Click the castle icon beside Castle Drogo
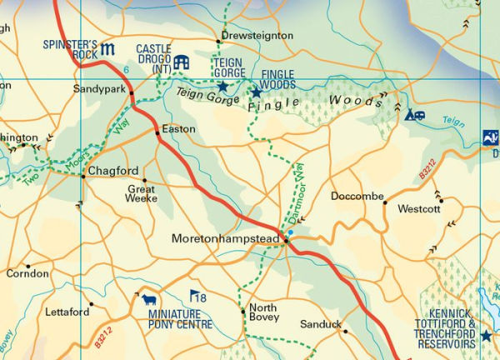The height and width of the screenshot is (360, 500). pos(182,62)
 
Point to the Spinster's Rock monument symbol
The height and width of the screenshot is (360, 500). pos(108,49)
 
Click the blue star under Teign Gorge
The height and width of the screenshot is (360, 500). pos(222,86)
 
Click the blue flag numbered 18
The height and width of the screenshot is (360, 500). pos(197,297)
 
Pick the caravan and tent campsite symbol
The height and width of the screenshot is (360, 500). pos(414,115)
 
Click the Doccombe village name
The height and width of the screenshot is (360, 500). pos(357,197)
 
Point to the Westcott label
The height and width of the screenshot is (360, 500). pos(418,209)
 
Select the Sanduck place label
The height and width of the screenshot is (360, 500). pos(320,323)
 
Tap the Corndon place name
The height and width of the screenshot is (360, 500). pos(27,273)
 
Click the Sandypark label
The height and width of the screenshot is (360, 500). pos(99,87)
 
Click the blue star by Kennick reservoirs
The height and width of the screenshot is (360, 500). pos(486,336)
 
